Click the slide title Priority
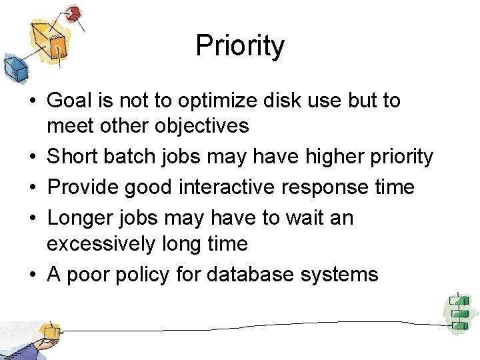coord(240,46)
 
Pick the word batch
coord(131,157)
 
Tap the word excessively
coord(101,244)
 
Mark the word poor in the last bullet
coord(85,275)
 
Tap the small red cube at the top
coord(73,13)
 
